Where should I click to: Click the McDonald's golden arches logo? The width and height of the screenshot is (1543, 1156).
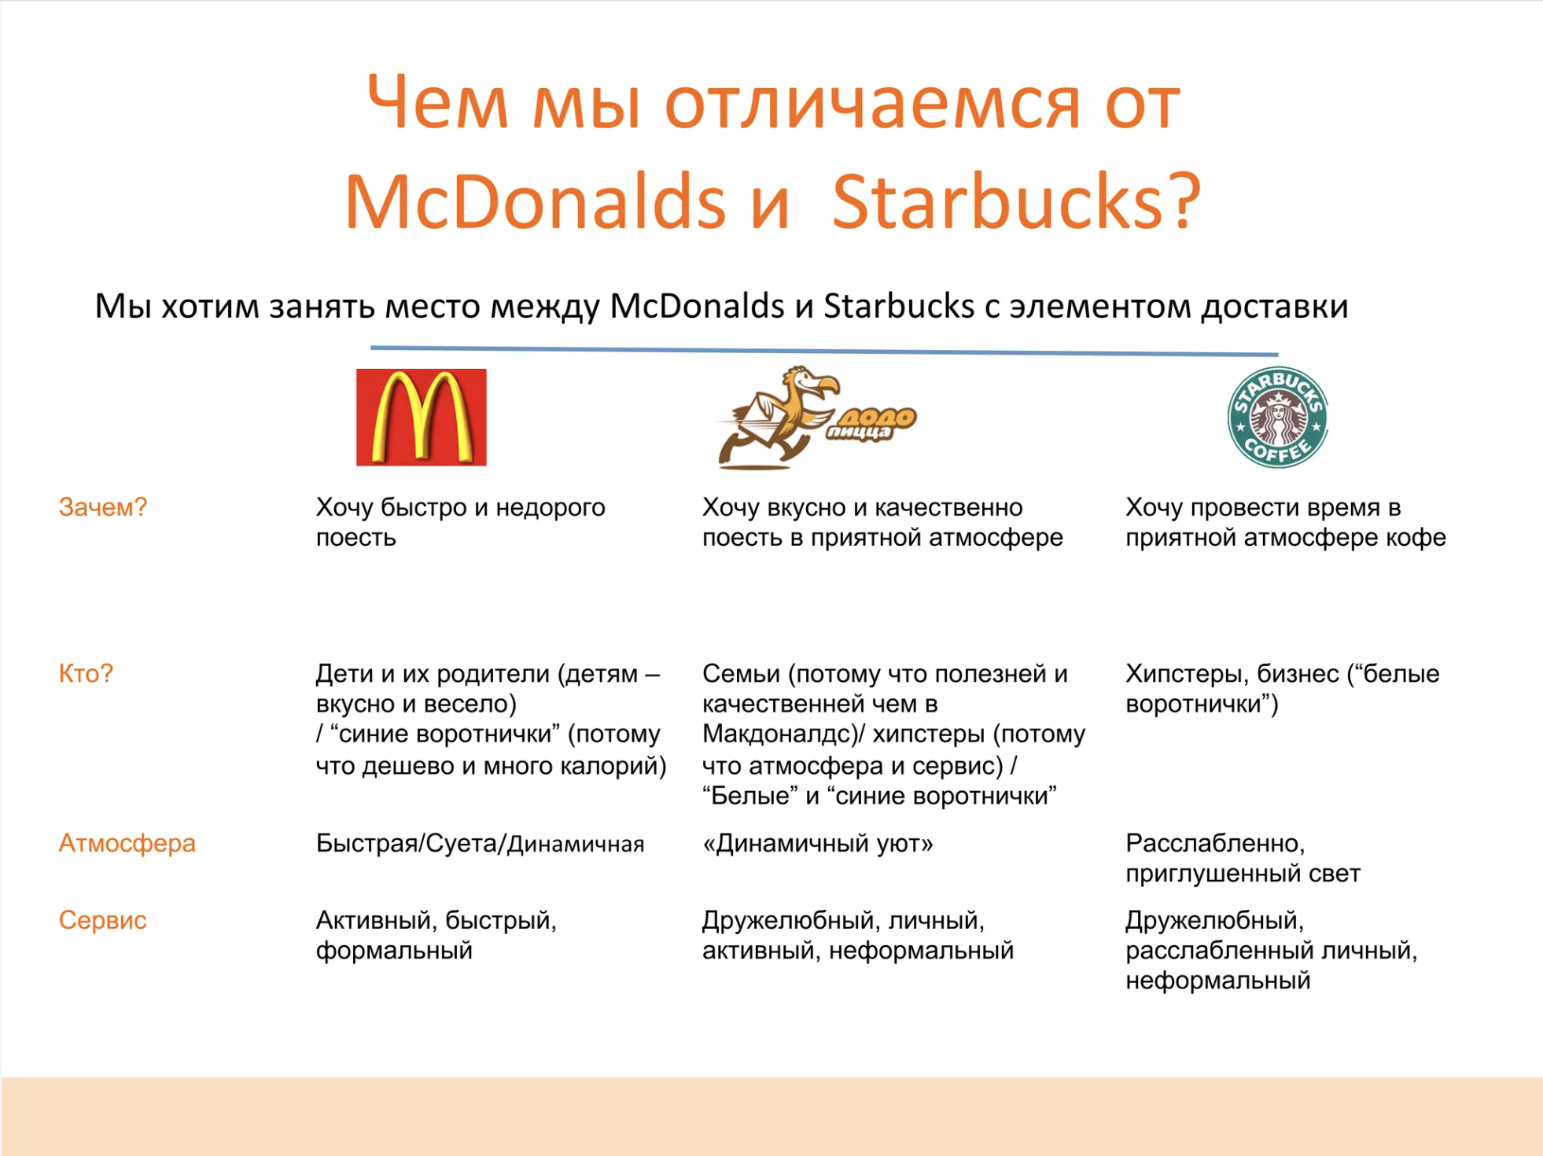coord(421,417)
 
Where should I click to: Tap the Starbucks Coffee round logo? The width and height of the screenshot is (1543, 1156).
coord(1277,417)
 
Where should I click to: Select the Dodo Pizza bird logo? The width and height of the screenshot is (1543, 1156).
coord(816,417)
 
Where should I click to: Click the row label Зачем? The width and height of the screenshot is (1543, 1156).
coord(103,507)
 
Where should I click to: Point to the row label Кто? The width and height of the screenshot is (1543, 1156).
coord(86,673)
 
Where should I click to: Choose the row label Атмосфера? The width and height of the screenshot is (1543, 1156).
coord(127,843)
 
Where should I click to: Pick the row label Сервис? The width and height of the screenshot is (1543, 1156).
coord(102,920)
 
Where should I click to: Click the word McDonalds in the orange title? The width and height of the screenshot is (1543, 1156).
coord(535,201)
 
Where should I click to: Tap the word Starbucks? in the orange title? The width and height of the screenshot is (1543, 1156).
coord(1016,201)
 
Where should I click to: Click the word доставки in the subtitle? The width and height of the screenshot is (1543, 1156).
coord(1275,306)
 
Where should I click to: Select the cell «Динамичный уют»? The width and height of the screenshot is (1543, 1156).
coord(818,843)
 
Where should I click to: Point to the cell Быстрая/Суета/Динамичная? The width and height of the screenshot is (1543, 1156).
coord(480,843)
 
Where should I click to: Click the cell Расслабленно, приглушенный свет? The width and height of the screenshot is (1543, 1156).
coord(1243,858)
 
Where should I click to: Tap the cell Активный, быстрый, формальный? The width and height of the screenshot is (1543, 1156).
coord(436,935)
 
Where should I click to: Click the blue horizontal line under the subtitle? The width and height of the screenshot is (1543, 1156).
coord(824,351)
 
